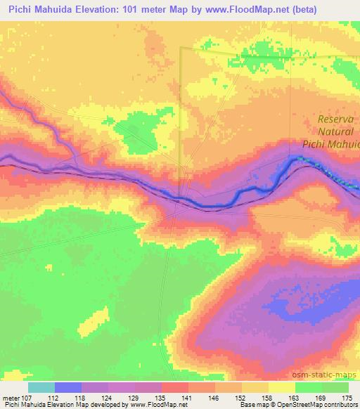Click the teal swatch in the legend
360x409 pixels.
pos(41,387)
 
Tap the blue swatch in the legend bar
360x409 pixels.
pos(68,387)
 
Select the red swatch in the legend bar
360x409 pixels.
pos(175,387)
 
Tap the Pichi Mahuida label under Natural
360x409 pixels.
pos(331,143)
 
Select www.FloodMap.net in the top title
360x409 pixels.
pos(251,10)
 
